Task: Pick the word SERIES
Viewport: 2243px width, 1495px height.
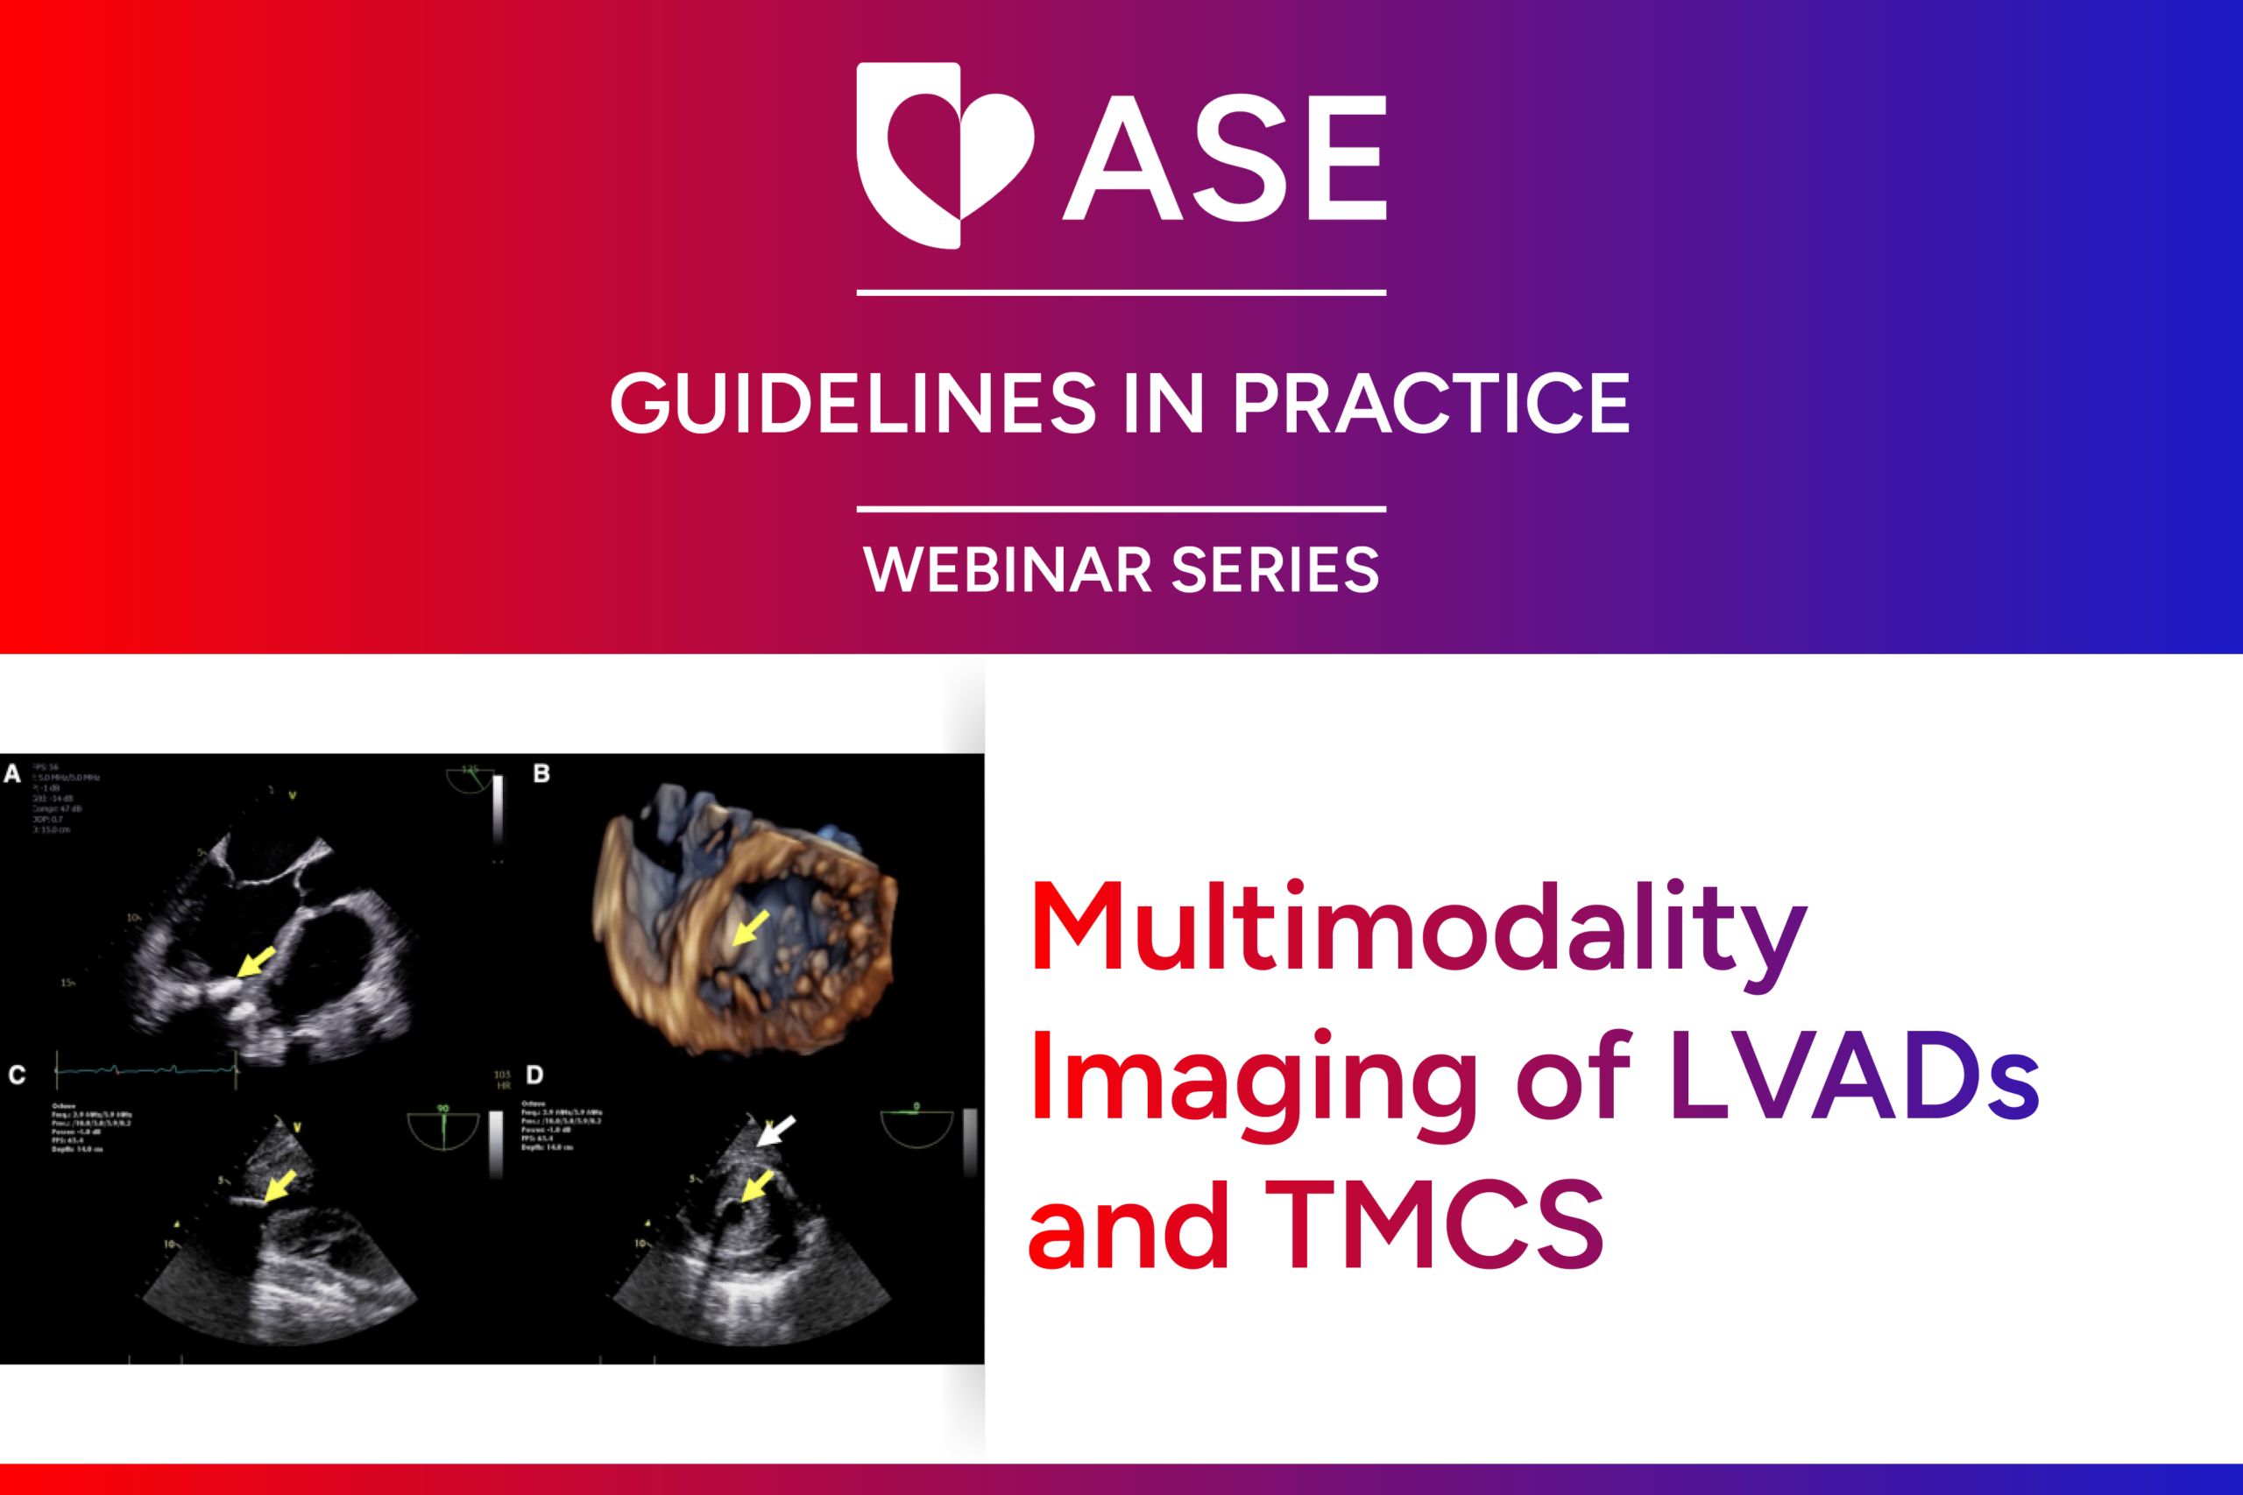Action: click(1275, 570)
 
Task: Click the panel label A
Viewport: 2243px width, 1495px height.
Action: click(12, 773)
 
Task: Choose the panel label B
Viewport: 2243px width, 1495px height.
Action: click(541, 773)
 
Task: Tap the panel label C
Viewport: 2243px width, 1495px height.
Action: click(17, 1075)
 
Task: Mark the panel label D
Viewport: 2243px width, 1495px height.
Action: click(535, 1075)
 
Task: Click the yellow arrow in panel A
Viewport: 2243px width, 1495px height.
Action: click(255, 961)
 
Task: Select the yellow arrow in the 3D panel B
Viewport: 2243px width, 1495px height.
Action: click(751, 927)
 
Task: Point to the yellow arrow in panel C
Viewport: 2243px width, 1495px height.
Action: click(279, 1188)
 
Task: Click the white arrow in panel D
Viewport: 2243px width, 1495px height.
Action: click(775, 1132)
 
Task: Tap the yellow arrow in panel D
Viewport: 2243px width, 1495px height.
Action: click(757, 1186)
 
